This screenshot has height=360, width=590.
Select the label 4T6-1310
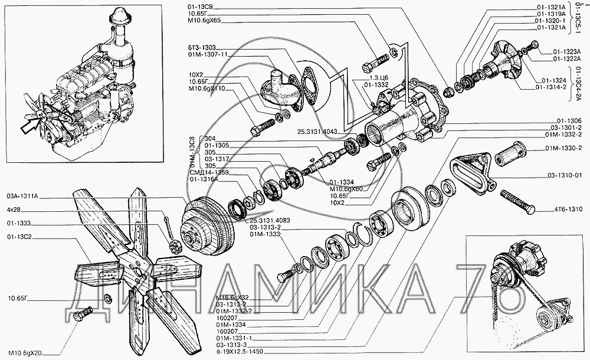pyautogui.click(x=568, y=209)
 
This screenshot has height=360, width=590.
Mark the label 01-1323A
pyautogui.click(x=568, y=52)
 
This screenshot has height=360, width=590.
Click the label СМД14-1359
pyautogui.click(x=205, y=172)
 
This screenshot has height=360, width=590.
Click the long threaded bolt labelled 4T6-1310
pyautogui.click(x=516, y=200)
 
